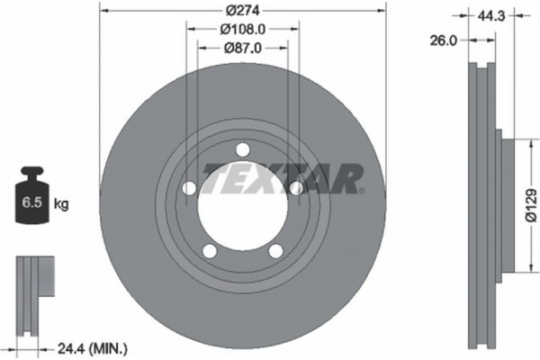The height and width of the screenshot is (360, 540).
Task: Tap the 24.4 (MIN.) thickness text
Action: [x=90, y=346]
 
